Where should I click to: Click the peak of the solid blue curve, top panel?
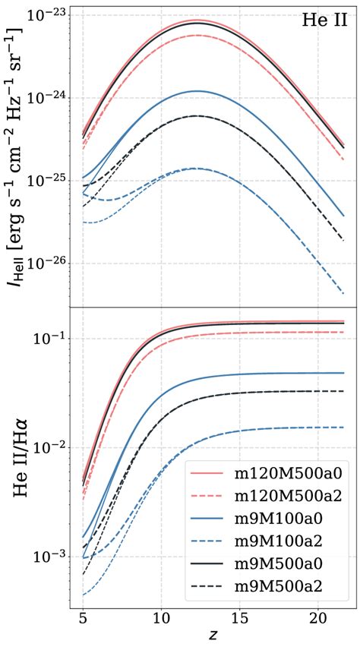click(x=197, y=90)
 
